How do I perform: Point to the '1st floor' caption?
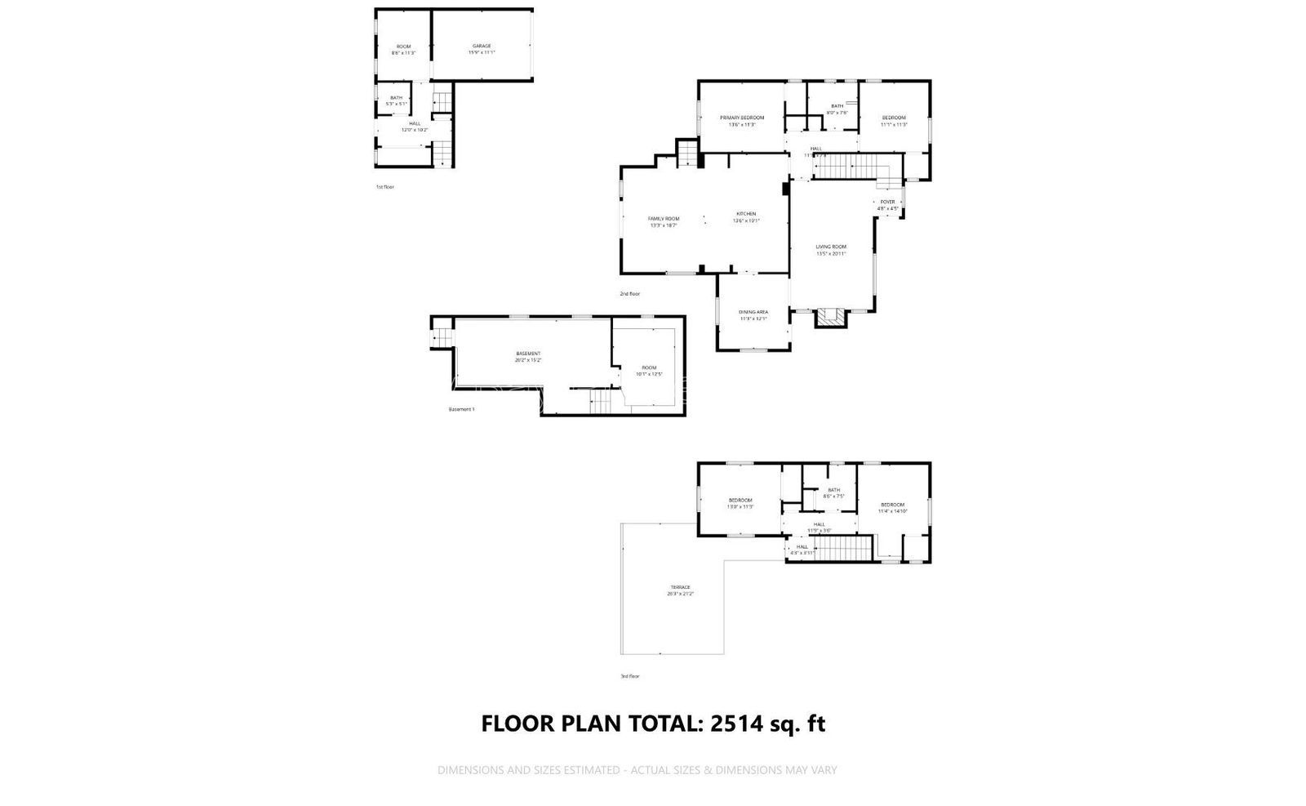(384, 187)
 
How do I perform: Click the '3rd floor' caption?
(630, 676)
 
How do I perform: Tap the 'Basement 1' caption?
(461, 409)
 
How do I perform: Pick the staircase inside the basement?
(600, 401)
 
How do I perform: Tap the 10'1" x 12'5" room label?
(649, 371)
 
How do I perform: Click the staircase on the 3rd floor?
(843, 549)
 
